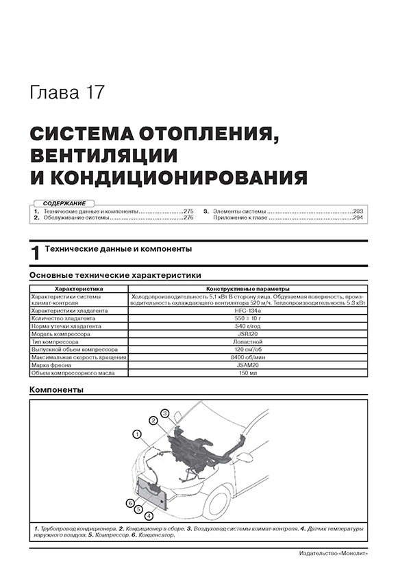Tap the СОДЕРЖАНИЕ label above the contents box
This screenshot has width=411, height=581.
[64, 204]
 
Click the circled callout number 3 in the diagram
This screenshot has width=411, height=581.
[164, 413]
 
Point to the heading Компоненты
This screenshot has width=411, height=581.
[58, 390]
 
